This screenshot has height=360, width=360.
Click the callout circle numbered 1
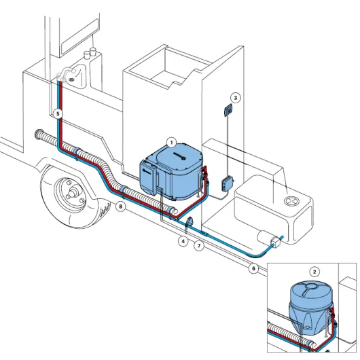172,142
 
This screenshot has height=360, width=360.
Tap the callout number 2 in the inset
314,270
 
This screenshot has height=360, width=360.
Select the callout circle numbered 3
235,97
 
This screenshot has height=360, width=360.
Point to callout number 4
183,240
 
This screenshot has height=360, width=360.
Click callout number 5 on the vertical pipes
58,113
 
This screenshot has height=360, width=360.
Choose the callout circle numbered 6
253,268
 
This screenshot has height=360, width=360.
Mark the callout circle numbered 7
199,246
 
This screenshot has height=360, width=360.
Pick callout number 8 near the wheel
120,206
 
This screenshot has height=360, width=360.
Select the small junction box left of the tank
226,182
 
